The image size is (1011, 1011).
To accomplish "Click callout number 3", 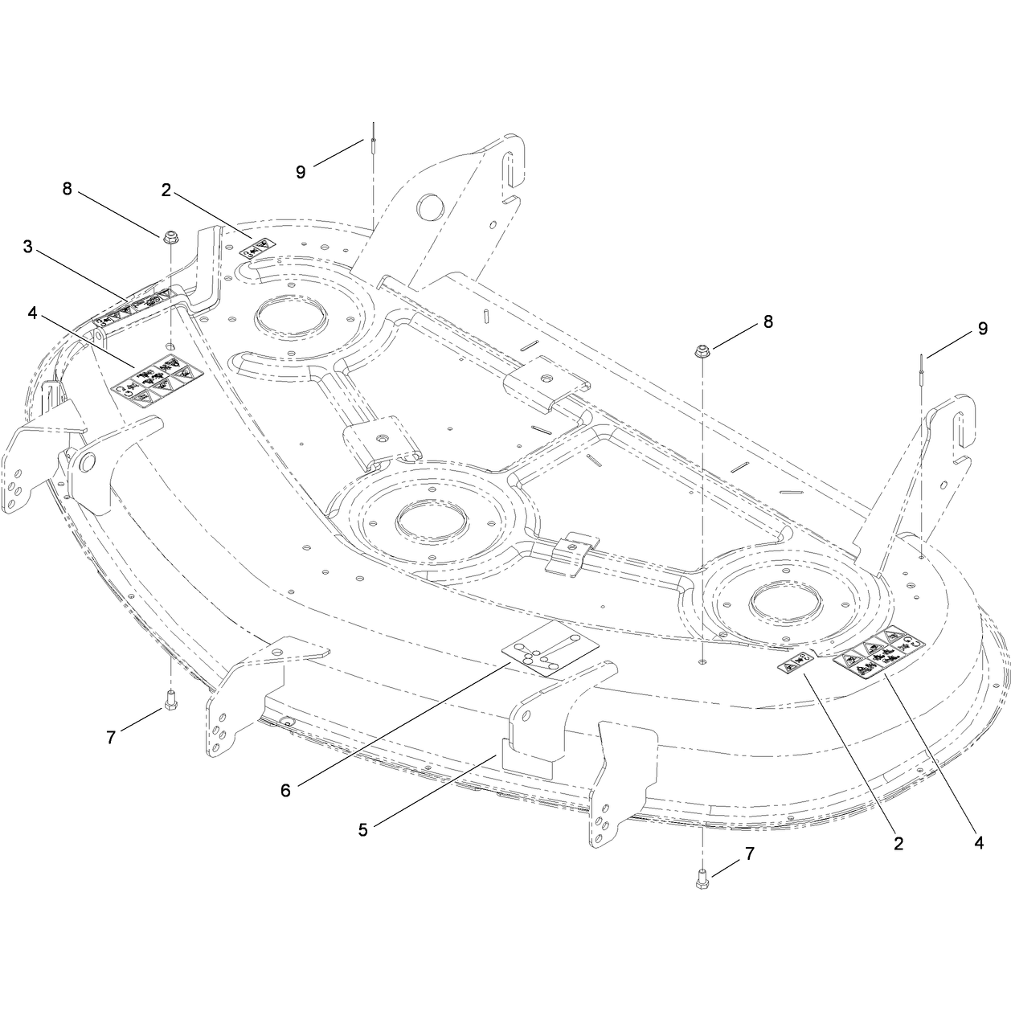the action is (x=28, y=247).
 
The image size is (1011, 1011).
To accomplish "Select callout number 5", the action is (x=363, y=830).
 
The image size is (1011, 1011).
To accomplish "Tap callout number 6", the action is (x=285, y=790).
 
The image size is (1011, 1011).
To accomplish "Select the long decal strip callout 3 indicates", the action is (x=133, y=308).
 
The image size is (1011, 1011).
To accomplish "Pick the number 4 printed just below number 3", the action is (x=32, y=313).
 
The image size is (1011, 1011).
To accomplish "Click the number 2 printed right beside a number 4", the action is (x=898, y=844).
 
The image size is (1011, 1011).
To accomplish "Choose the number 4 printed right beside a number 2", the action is (x=979, y=843).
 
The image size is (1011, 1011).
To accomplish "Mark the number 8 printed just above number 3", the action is (x=67, y=189).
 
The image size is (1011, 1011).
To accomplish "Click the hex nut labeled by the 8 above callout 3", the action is (x=170, y=237).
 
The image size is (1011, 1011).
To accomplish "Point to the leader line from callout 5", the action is (x=436, y=789).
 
